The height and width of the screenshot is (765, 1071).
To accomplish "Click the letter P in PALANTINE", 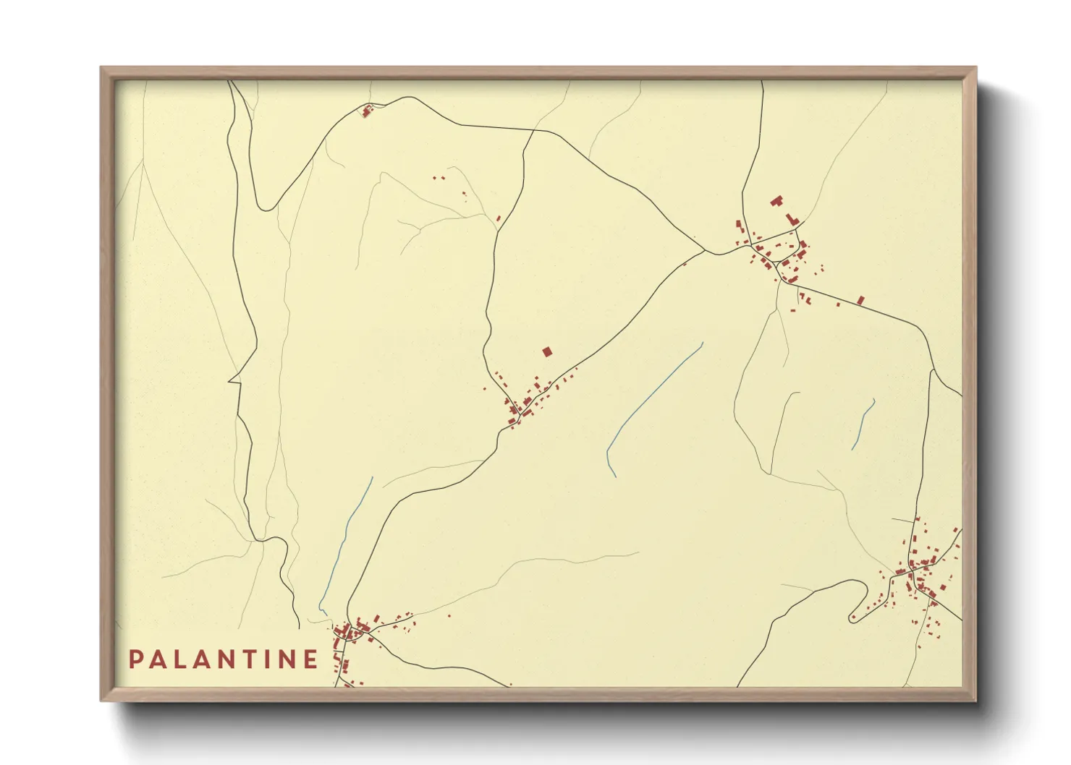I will [135, 659].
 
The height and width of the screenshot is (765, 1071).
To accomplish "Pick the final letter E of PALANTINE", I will [310, 659].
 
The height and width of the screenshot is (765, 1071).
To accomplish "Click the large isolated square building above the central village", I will [547, 352].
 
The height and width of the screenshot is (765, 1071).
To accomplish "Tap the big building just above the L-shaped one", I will [776, 200].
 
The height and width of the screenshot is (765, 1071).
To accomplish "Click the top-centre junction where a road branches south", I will [534, 131].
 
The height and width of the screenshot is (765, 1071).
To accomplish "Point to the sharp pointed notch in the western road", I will [230, 379].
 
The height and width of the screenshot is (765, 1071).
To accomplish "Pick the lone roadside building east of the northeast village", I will [860, 299].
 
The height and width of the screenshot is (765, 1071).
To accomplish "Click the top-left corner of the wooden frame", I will [101, 68].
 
